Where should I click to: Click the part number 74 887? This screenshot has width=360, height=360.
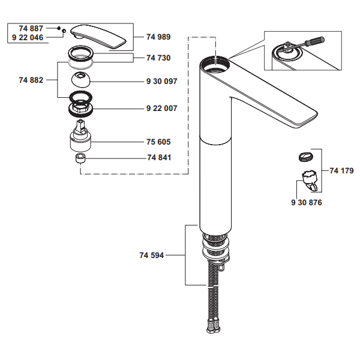pyautogui.click(x=31, y=28)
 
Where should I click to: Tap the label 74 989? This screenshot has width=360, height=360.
pyautogui.click(x=158, y=37)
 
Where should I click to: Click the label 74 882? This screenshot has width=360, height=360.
pyautogui.click(x=31, y=80)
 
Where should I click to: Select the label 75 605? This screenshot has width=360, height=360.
pyautogui.click(x=158, y=142)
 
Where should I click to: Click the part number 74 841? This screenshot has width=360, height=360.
pyautogui.click(x=158, y=158)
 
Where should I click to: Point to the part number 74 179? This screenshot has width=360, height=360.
pyautogui.click(x=341, y=171)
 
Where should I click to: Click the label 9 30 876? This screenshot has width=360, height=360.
pyautogui.click(x=307, y=203)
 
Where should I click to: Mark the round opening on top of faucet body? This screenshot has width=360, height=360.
pyautogui.click(x=215, y=63)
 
